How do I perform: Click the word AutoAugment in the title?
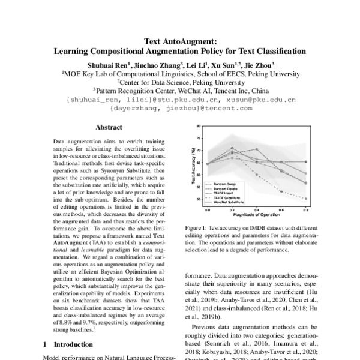[190, 42]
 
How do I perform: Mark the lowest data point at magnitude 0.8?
[305, 199]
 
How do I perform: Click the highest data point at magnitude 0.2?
[232, 148]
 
